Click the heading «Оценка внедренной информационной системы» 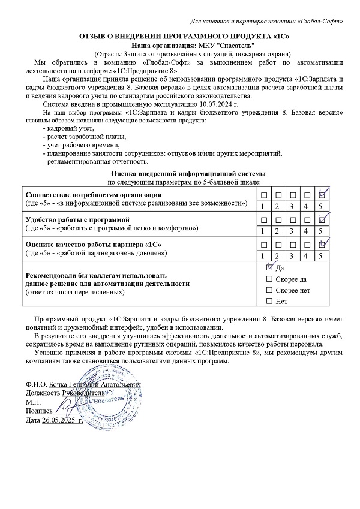[x=184, y=173]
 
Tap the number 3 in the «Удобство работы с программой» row [x=293, y=231]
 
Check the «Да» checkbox [x=269, y=268]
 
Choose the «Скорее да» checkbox [x=269, y=279]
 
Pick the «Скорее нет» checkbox [x=269, y=290]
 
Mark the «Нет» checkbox [x=269, y=300]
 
